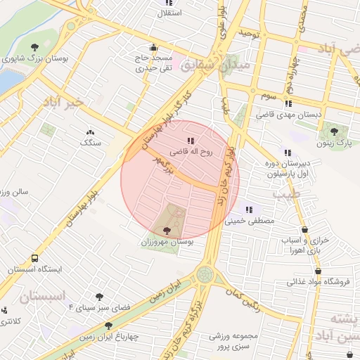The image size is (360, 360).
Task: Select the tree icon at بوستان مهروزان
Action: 167,230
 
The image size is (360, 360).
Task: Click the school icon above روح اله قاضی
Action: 191,141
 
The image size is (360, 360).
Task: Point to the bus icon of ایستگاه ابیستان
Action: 34,258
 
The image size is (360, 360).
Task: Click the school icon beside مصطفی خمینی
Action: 249,209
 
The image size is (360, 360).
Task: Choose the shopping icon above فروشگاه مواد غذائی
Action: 319,271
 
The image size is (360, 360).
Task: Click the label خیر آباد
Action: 63,102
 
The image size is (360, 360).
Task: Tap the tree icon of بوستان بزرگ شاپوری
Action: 34,47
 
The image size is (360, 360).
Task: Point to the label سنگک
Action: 91,143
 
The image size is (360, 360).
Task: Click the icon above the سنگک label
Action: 90,131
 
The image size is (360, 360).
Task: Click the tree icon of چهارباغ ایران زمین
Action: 108,326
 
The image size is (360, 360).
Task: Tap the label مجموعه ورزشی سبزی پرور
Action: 235,341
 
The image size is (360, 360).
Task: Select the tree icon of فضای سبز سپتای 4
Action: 99,297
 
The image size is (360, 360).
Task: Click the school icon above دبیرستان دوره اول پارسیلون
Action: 287,153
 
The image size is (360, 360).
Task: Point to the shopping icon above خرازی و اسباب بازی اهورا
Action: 304,229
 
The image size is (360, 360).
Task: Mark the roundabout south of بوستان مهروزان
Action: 205,274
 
